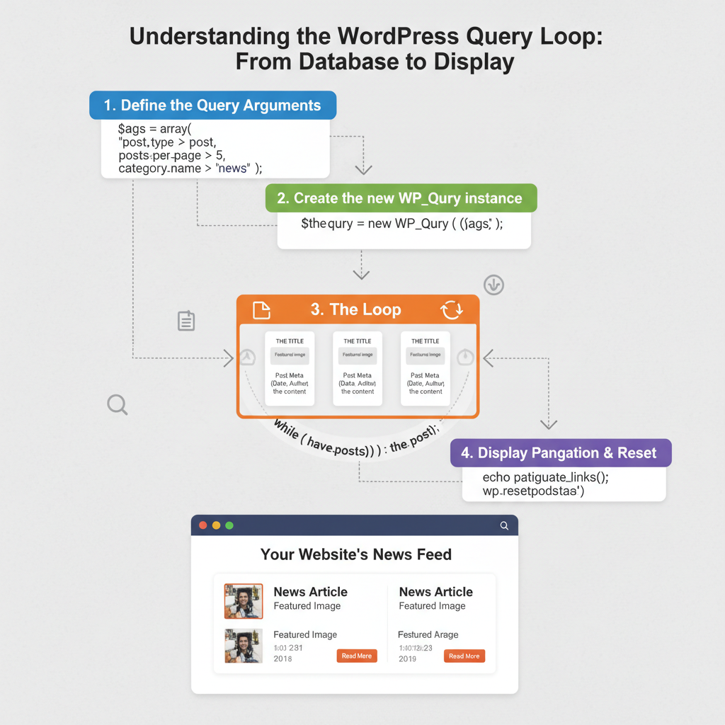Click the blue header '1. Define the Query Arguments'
click(x=212, y=105)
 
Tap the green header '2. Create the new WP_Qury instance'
click(x=401, y=198)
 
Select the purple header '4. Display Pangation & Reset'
click(x=561, y=453)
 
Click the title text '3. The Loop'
click(x=356, y=309)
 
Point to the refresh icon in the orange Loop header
click(x=451, y=310)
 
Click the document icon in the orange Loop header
click(x=262, y=310)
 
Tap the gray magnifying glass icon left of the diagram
click(x=117, y=405)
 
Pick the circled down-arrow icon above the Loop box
click(x=493, y=285)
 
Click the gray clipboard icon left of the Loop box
click(x=185, y=321)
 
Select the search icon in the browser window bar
click(x=504, y=525)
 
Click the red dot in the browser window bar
click(x=203, y=525)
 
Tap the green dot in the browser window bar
click(x=229, y=525)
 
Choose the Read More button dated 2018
click(x=356, y=656)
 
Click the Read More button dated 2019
click(x=464, y=656)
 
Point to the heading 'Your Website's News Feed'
click(x=355, y=554)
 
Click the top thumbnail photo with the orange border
click(x=244, y=601)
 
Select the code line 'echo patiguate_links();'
click(x=545, y=477)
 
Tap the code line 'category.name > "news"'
click(x=190, y=169)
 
